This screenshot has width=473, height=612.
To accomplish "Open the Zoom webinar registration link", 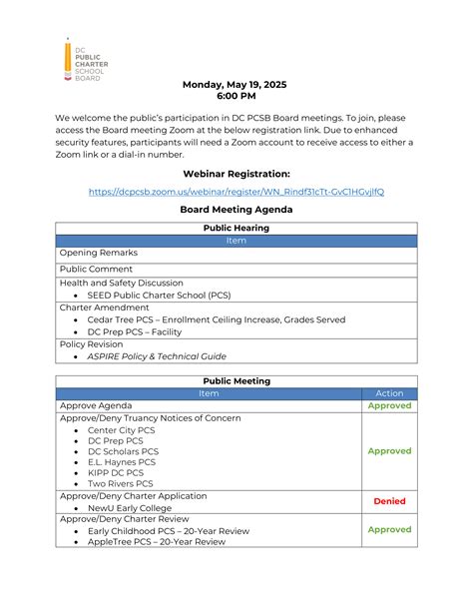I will tap(236, 192).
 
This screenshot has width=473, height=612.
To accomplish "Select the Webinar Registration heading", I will tap(236, 174).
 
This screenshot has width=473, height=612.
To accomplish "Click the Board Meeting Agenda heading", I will tap(236, 210).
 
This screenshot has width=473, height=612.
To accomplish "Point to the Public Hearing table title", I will tap(236, 228).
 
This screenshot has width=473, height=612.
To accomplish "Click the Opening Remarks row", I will tap(99, 254).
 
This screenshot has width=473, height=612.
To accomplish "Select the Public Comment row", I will tap(96, 269).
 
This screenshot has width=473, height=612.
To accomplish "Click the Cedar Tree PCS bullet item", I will tap(216, 319).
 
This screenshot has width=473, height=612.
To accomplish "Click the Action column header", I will tap(388, 393).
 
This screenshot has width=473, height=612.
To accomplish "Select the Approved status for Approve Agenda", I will tap(388, 406).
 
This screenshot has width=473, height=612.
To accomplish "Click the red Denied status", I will tap(389, 501).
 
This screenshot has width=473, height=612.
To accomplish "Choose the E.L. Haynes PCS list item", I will tap(122, 462).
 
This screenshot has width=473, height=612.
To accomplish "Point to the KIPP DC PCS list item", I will tap(116, 473).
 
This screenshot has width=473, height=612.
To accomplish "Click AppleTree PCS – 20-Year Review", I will tap(157, 542).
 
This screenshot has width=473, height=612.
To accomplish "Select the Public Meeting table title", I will tap(236, 380).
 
